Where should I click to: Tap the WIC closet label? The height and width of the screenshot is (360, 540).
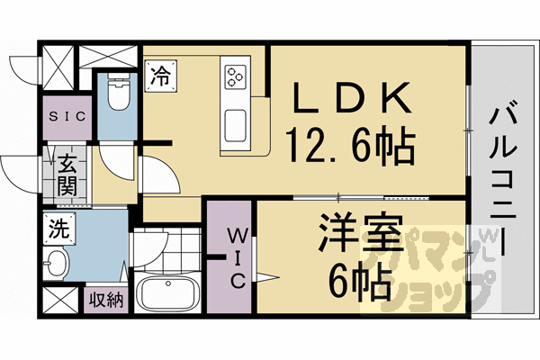(x=232, y=258)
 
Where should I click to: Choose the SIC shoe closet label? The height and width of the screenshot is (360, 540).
(x=67, y=117)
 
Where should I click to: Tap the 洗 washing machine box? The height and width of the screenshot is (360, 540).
(x=57, y=229)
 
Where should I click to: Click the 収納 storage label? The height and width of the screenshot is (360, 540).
(x=105, y=301)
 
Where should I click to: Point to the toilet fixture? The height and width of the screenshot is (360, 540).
(x=117, y=91)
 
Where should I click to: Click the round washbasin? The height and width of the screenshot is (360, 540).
(x=56, y=265)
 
